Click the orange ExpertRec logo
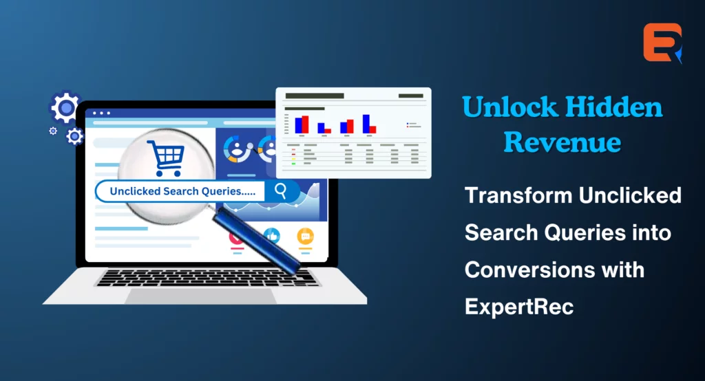click(x=662, y=43)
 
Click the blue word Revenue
click(x=562, y=142)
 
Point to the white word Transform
click(x=518, y=195)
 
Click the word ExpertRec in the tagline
click(x=519, y=307)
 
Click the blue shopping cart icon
click(x=166, y=157)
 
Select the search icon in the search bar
click(x=281, y=191)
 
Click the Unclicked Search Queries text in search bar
click(x=182, y=191)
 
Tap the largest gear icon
click(x=65, y=107)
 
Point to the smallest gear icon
click(x=53, y=131)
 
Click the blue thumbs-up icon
click(x=272, y=236)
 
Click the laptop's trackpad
click(x=201, y=296)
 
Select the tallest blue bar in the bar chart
click(x=366, y=124)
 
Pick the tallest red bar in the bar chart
click(x=305, y=124)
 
